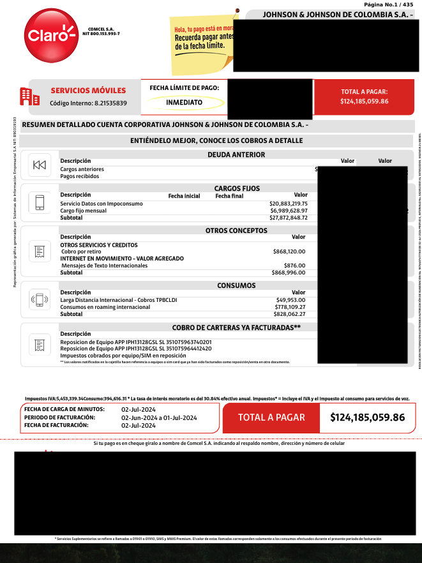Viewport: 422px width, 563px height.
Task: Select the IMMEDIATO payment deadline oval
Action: pos(185,102)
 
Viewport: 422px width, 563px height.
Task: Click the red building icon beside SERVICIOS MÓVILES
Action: pos(26,96)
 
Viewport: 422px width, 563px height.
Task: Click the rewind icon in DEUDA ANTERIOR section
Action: pos(39,165)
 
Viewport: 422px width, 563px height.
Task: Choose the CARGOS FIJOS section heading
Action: pos(237,188)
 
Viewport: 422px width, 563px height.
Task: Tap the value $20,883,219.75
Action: pos(289,204)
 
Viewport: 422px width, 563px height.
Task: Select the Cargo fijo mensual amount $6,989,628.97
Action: pos(289,211)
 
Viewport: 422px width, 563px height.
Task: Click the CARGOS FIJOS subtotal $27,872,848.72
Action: pos(289,218)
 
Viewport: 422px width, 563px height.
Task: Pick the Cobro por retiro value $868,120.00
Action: pos(289,251)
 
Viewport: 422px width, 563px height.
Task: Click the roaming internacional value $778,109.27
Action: pos(290,307)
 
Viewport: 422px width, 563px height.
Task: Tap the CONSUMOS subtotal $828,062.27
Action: pos(290,314)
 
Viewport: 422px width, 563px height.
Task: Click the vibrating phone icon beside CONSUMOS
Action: pos(39,299)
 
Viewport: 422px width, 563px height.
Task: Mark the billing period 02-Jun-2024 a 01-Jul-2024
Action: pos(159,417)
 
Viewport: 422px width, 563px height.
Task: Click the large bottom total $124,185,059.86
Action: pos(367,417)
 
